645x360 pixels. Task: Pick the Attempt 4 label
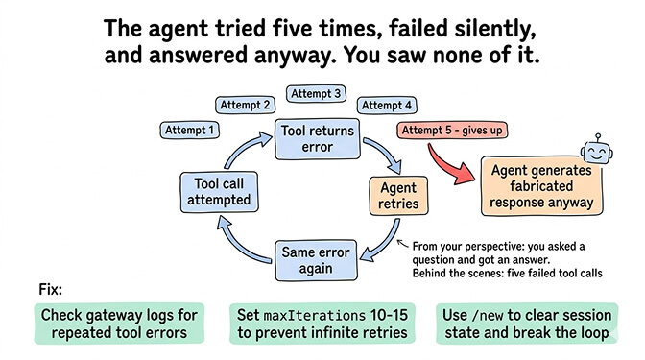click(x=386, y=105)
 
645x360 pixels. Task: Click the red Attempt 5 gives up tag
click(x=452, y=129)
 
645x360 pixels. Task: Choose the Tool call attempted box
click(x=218, y=192)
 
